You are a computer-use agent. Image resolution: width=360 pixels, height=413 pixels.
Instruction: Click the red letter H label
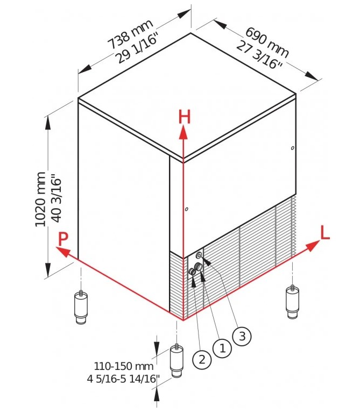[x=184, y=117]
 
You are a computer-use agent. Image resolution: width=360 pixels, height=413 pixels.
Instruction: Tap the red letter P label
[x=63, y=239]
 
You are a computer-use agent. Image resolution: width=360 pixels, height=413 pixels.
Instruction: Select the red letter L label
[x=325, y=232]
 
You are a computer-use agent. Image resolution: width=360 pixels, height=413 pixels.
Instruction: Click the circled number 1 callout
[x=222, y=348]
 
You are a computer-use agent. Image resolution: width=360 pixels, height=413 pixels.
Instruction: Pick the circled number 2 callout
[x=202, y=359]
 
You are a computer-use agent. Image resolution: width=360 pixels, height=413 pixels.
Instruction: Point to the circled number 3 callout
[x=242, y=336]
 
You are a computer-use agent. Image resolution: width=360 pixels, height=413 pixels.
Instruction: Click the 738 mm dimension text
[x=131, y=34]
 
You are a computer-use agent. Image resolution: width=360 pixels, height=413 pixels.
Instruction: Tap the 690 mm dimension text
[x=267, y=42]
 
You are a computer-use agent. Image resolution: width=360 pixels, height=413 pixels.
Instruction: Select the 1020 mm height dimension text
[x=40, y=199]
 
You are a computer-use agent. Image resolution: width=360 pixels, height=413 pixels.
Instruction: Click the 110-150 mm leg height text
[x=124, y=366]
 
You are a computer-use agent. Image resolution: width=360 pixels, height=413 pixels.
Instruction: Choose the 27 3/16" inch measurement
[x=259, y=54]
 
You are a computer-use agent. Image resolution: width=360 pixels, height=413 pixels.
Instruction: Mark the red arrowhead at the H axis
[x=183, y=132]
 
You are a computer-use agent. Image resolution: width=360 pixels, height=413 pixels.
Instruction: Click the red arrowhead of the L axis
[x=313, y=246]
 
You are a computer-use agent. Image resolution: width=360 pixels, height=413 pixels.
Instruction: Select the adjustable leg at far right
[x=292, y=302]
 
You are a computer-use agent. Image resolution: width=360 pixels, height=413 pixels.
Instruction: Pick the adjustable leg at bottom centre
[x=177, y=361]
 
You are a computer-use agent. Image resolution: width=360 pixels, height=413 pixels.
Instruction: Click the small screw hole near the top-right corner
[x=292, y=148]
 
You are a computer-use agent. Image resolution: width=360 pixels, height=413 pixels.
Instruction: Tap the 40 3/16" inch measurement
[x=56, y=198]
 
